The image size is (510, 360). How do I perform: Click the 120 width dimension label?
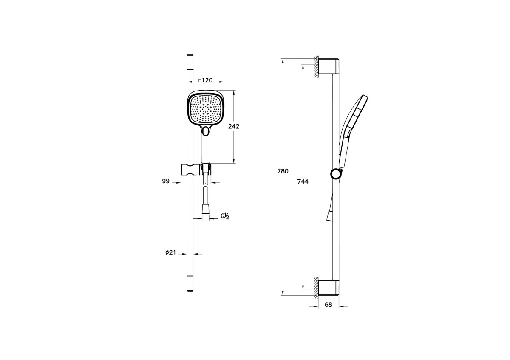pyautogui.click(x=207, y=80)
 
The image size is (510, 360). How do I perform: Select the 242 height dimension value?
pyautogui.click(x=234, y=126)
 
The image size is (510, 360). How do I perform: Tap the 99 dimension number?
pyautogui.click(x=166, y=181)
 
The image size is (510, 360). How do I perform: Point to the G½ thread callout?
pyautogui.click(x=225, y=216)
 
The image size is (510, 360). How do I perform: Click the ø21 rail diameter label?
pyautogui.click(x=171, y=252)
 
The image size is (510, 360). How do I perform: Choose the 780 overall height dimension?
pyautogui.click(x=283, y=171)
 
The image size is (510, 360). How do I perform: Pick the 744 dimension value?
pyautogui.click(x=302, y=181)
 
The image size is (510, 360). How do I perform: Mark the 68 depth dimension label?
pyautogui.click(x=328, y=305)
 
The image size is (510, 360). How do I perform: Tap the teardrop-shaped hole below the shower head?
pyautogui.click(x=206, y=131)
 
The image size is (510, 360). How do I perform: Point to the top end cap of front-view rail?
pyautogui.click(x=190, y=56)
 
